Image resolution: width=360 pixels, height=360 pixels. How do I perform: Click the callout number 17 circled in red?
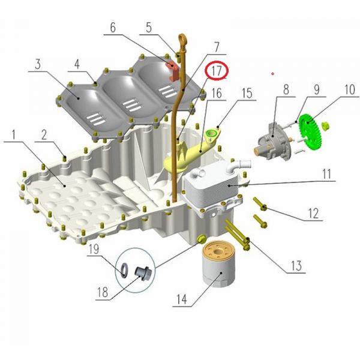click(x=216, y=71)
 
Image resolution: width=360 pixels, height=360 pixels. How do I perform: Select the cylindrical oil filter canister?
click(x=218, y=264)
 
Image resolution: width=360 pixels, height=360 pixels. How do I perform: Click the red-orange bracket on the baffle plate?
click(x=172, y=70)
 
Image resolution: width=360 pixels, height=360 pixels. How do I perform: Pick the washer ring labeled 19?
click(x=124, y=269)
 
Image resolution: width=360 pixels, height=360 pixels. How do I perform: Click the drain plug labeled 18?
click(x=142, y=273)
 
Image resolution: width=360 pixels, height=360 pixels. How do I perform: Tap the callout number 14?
click(x=182, y=299)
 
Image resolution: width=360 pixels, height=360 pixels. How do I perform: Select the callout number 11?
click(x=327, y=174)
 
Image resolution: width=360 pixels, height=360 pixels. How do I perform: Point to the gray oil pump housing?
click(x=275, y=140)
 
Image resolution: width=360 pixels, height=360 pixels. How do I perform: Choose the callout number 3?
click(x=38, y=64)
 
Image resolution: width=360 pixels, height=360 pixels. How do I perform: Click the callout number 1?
click(x=14, y=134)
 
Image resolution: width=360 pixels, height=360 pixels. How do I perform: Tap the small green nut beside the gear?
click(x=325, y=126)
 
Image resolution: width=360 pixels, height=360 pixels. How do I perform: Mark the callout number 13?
click(x=296, y=266)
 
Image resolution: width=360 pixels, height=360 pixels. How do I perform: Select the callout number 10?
click(x=350, y=89)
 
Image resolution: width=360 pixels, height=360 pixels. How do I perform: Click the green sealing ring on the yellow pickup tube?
click(x=211, y=133)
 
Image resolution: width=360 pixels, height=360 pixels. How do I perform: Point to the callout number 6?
click(x=113, y=28)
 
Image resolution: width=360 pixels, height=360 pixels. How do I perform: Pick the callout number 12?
click(x=313, y=213)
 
